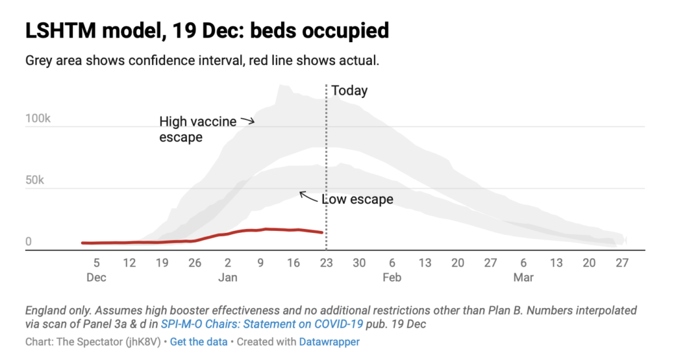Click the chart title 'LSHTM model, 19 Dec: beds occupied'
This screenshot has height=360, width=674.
[x=207, y=30]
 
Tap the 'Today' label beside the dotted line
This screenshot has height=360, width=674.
[x=349, y=91]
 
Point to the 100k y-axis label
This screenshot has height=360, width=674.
[x=38, y=119]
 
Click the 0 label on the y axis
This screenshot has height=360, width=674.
[x=29, y=242]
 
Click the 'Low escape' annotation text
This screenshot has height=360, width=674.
[x=357, y=199]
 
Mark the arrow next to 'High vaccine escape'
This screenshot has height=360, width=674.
[x=247, y=120]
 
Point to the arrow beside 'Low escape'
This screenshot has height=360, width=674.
[x=308, y=195]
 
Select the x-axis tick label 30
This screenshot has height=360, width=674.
[x=359, y=263]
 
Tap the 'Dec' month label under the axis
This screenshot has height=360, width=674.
[x=96, y=277]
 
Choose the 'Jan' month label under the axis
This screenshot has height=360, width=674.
[x=228, y=277]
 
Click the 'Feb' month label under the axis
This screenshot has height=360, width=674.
[x=392, y=277]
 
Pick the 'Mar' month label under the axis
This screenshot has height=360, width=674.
[x=523, y=277]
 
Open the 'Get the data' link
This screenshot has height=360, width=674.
[x=199, y=342]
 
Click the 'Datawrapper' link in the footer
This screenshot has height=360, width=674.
[x=329, y=342]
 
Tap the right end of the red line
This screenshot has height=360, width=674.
[x=322, y=232]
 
